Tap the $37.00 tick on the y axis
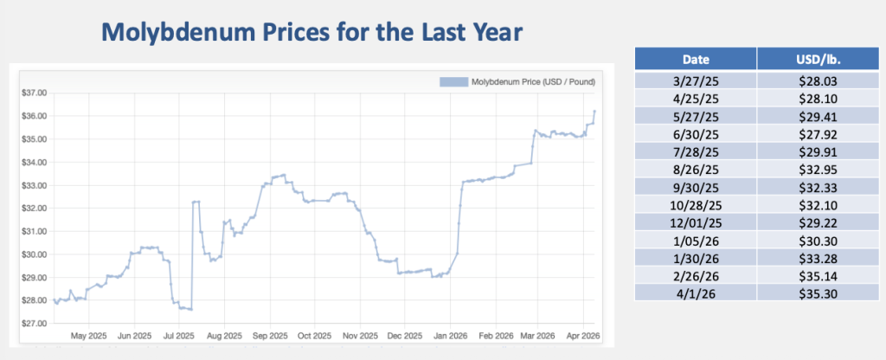[x=34, y=93]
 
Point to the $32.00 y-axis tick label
[x=34, y=208]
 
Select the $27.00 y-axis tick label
[x=34, y=324]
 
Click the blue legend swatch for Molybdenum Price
[x=453, y=82]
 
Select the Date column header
[x=696, y=60]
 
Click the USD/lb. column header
[x=817, y=60]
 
